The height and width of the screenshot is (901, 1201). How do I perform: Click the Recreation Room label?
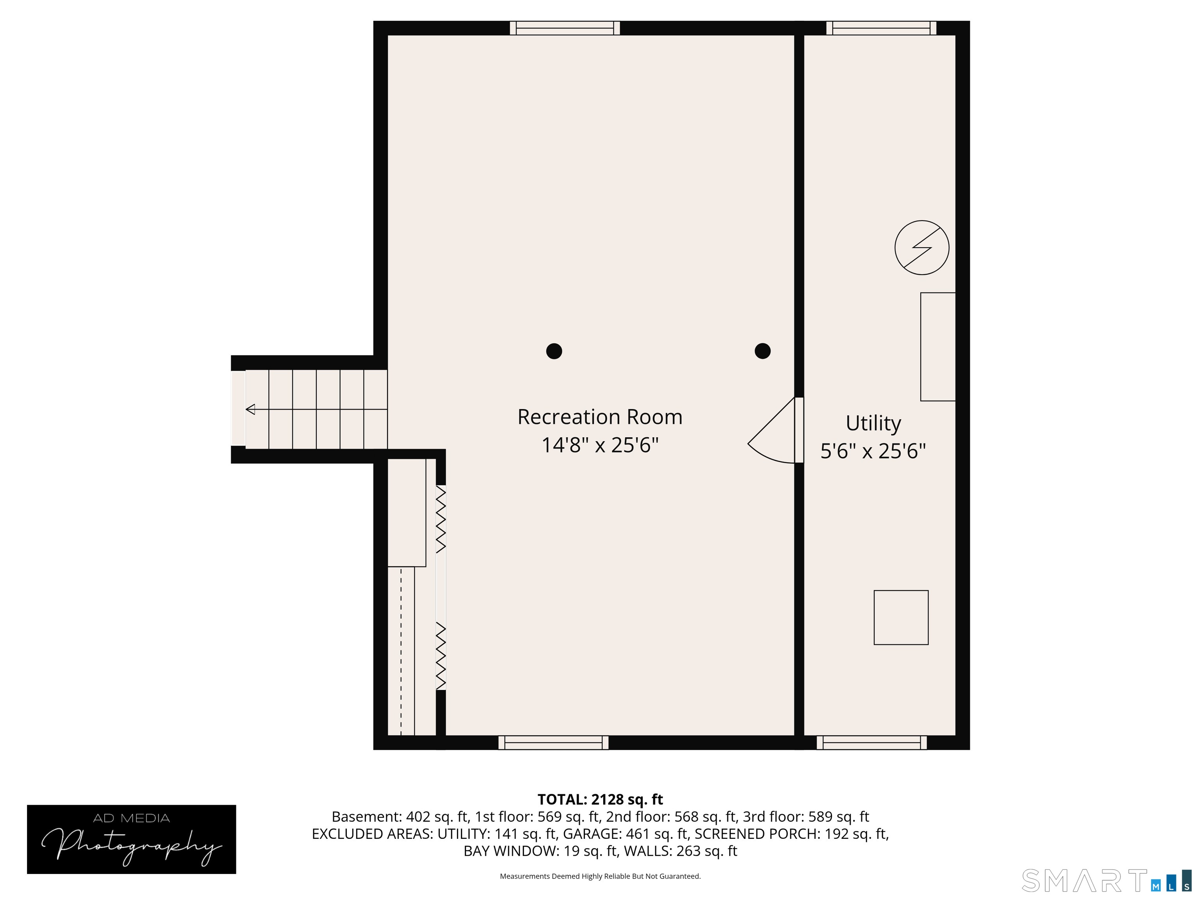point(600,417)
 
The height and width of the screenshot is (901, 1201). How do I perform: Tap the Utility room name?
point(873,423)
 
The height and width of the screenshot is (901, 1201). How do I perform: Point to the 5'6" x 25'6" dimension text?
point(873,451)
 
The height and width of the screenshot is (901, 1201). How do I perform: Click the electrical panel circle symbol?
point(922,248)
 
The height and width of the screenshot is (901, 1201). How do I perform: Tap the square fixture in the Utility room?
point(901,617)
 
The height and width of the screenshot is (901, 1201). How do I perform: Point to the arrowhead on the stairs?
point(250,409)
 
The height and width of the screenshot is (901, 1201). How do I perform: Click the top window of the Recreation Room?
point(565,28)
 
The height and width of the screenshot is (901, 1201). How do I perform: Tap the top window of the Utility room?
point(881,28)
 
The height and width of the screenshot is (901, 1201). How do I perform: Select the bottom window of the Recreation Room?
point(553,742)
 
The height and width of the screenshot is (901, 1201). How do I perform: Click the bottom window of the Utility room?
point(871,742)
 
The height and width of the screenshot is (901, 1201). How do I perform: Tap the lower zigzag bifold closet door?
point(441,657)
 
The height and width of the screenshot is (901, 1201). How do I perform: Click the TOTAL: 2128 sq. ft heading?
point(600,799)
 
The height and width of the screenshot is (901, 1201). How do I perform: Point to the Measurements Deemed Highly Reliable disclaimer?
point(600,876)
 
